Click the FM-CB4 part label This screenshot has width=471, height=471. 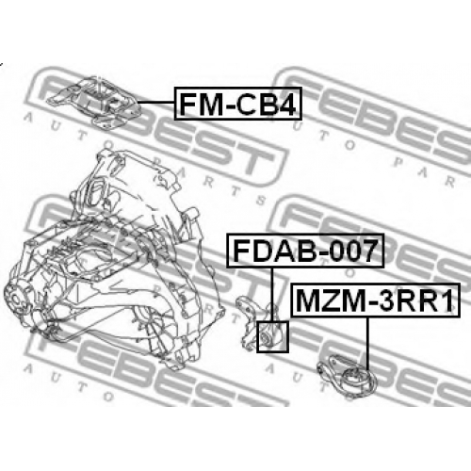(238, 104)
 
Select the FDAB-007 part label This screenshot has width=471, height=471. (305, 251)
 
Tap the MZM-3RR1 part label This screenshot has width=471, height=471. (376, 300)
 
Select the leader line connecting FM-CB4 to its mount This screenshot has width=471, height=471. (156, 103)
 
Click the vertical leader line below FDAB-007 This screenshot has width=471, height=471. (272, 295)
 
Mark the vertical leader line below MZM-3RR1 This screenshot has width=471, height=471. (366, 344)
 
